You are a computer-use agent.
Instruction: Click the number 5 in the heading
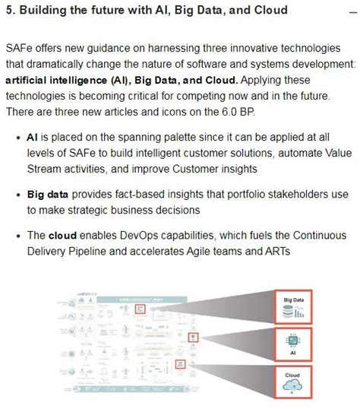click(x=9, y=11)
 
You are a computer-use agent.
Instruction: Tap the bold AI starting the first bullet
click(x=33, y=138)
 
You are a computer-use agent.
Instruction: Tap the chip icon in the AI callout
click(x=293, y=341)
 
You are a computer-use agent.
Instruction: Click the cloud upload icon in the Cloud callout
click(x=293, y=386)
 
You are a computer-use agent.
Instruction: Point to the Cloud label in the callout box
click(x=293, y=375)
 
